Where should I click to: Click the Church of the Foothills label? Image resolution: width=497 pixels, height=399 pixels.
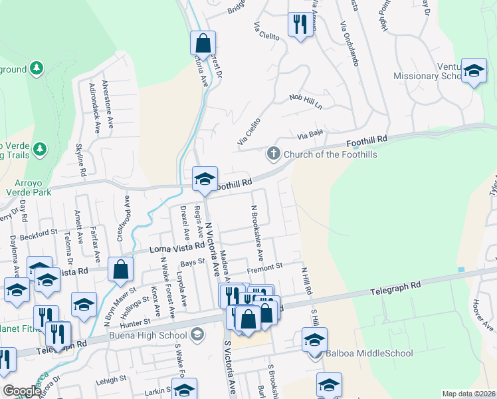(330, 155)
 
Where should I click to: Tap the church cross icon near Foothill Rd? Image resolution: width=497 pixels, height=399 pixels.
(272, 154)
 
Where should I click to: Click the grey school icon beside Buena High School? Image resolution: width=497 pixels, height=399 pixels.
(197, 334)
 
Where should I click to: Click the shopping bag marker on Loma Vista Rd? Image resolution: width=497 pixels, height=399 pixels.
(120, 269)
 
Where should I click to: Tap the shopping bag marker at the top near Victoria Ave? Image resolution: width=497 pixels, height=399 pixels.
(203, 43)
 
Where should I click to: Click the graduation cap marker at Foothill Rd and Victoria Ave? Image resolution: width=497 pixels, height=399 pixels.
(205, 178)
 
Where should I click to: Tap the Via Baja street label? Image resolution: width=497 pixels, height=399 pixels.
(310, 135)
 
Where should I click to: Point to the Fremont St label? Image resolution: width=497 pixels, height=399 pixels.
(265, 266)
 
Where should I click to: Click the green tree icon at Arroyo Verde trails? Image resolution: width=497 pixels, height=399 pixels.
(41, 148)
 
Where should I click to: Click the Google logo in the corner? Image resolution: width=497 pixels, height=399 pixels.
(23, 391)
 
